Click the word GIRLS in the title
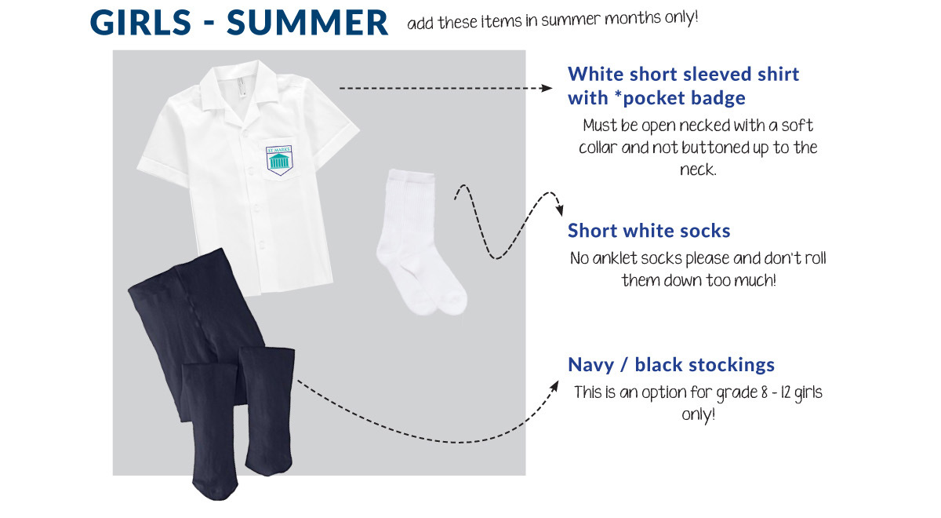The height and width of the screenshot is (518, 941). click(140, 22)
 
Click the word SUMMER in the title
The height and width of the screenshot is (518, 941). click(307, 22)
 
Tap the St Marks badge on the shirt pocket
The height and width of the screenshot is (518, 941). click(279, 160)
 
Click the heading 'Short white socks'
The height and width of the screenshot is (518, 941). click(649, 231)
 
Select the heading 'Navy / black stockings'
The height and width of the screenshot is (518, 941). click(671, 364)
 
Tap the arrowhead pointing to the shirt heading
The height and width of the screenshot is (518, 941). click(547, 88)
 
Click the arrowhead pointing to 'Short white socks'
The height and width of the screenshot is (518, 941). click(560, 210)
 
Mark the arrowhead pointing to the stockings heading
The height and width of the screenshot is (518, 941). click(554, 386)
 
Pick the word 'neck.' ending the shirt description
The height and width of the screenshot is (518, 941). click(698, 170)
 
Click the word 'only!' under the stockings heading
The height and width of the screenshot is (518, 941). click(698, 415)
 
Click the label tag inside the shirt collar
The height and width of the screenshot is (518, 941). click(241, 86)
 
